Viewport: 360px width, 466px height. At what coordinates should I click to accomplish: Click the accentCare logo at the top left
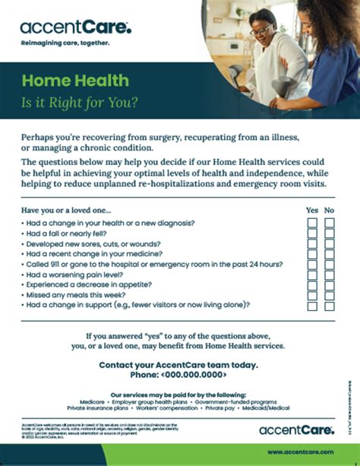click(x=75, y=29)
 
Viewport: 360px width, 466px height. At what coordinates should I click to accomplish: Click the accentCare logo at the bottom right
click(x=295, y=430)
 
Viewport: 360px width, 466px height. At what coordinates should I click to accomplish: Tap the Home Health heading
click(x=75, y=81)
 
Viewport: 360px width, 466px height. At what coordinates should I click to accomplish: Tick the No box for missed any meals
click(x=330, y=295)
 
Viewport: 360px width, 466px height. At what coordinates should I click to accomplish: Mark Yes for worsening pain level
click(x=312, y=274)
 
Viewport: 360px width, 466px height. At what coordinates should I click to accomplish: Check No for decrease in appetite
click(x=330, y=285)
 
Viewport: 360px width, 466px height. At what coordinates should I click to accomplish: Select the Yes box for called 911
click(x=312, y=265)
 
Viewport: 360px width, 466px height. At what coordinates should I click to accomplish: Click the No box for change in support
click(x=330, y=306)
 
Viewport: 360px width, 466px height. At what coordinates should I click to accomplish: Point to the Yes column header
click(x=312, y=210)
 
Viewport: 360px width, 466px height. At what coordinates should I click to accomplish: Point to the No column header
click(x=330, y=210)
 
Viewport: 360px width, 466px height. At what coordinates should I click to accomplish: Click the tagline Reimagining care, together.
click(x=66, y=43)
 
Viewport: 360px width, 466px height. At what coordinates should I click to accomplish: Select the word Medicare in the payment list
click(x=93, y=402)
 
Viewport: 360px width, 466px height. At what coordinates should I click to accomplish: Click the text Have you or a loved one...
click(x=67, y=210)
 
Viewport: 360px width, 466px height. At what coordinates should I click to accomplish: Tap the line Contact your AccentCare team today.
click(x=178, y=365)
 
